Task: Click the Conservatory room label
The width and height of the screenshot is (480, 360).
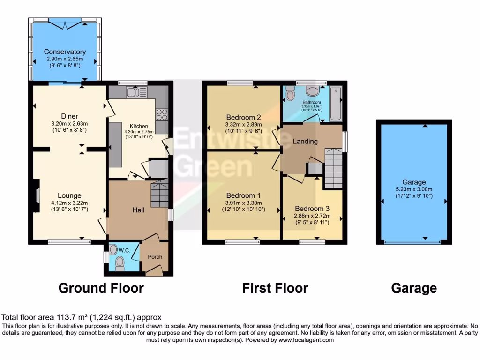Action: [x=65, y=52]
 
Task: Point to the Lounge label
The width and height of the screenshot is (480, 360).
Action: [x=69, y=195]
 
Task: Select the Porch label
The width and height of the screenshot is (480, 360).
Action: [x=155, y=257]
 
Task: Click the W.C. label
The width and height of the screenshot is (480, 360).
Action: [x=124, y=250]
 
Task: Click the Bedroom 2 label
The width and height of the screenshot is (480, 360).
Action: [x=243, y=117]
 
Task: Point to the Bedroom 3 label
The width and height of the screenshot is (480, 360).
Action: [x=312, y=208]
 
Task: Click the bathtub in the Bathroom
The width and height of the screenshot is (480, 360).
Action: [x=335, y=104]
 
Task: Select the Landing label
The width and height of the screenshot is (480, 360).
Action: [x=305, y=141]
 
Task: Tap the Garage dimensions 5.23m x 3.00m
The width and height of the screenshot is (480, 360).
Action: [x=414, y=189]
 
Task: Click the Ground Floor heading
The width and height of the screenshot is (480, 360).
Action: [x=101, y=287]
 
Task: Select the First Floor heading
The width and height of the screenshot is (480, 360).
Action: [x=275, y=287]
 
